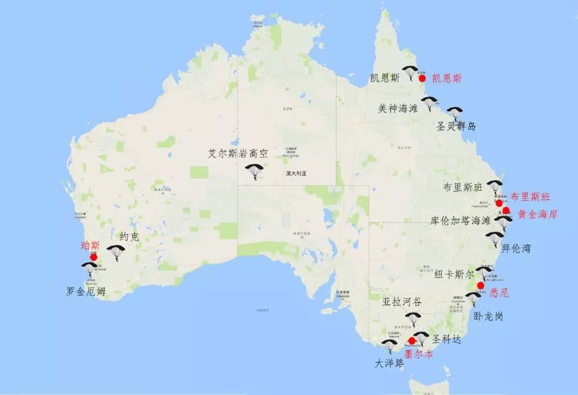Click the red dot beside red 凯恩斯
coord(422,78)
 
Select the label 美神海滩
coord(398,107)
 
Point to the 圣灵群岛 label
coord(456,126)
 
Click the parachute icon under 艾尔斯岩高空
coord(254,172)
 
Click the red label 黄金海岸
coord(538,214)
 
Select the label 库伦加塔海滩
coord(460,221)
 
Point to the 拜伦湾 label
coord(517,248)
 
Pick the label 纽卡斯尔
coord(454,274)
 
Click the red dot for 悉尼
coord(481,285)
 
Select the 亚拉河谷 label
coord(401,302)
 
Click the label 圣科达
coord(446,339)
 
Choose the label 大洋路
coord(390,363)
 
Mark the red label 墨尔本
coord(418,354)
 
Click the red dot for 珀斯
coord(94,257)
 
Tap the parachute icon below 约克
coord(117,252)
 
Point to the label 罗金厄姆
coord(86,292)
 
